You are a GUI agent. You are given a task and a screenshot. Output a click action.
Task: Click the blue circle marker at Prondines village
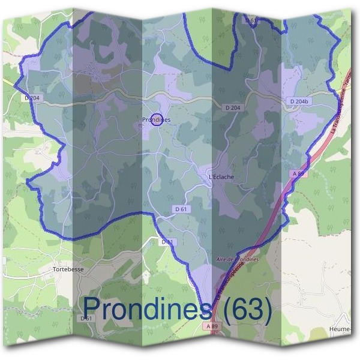[156, 120]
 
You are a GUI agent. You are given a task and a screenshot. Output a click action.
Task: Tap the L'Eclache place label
[220, 177]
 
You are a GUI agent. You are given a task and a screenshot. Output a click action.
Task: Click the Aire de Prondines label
[236, 259]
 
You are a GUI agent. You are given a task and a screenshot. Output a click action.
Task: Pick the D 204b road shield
[298, 102]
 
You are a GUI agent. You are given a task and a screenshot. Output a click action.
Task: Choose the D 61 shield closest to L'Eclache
[182, 209]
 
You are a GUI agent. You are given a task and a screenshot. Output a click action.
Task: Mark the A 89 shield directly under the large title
[209, 326]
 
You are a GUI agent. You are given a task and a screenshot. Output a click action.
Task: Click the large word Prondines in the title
[146, 310]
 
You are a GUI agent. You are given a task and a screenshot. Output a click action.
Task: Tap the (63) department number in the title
[245, 310]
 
